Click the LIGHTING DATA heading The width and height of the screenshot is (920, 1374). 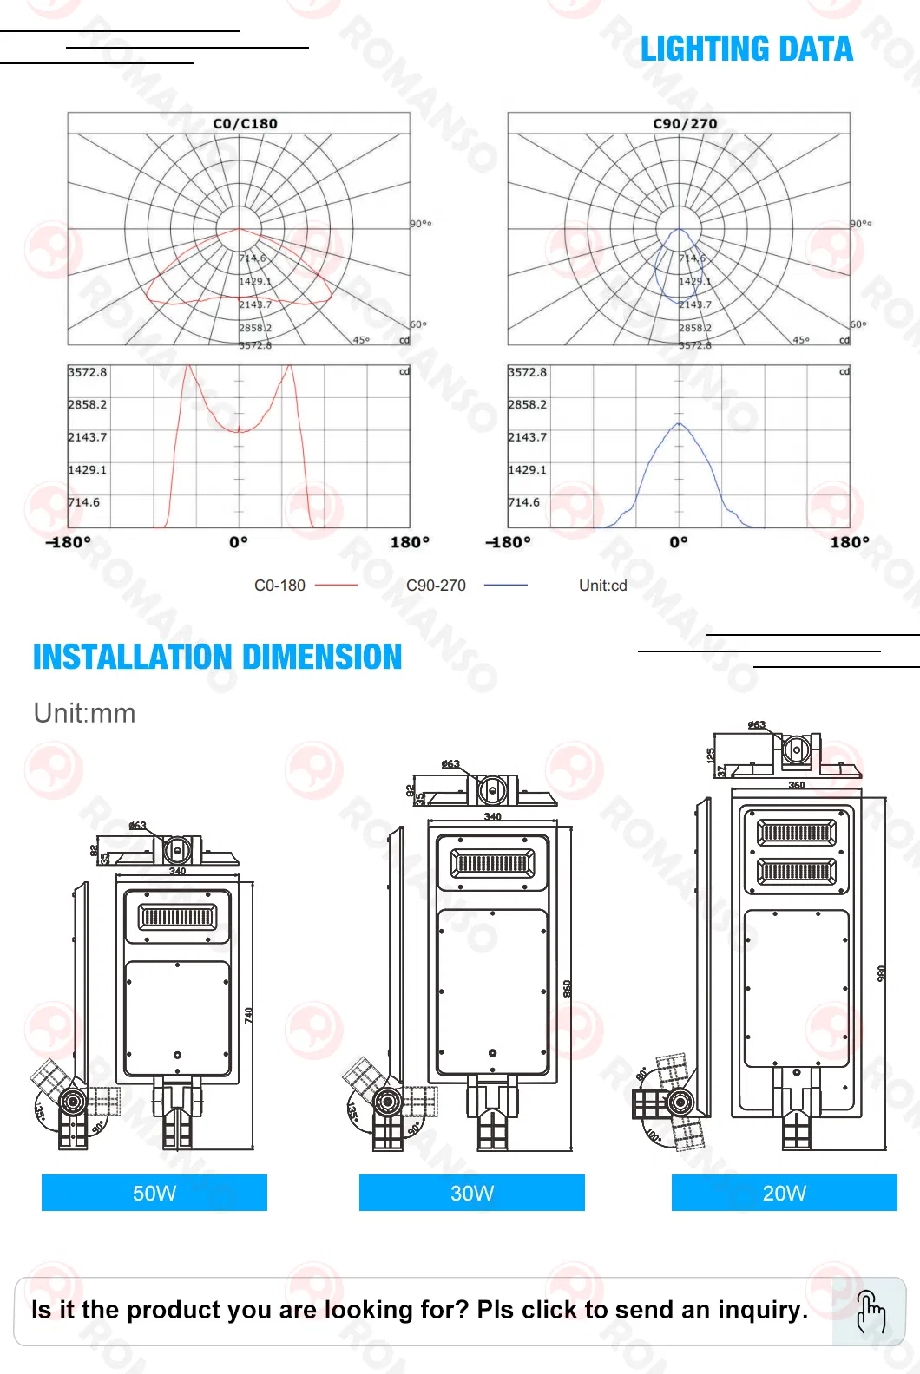pos(746,49)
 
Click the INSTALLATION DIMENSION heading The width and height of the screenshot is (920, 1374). pos(217,657)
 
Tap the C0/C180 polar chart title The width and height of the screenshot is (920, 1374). pos(245,123)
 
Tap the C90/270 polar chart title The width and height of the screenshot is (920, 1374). pos(685,123)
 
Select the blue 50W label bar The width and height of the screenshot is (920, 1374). pos(154,1193)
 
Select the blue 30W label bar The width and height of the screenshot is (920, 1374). pos(471,1193)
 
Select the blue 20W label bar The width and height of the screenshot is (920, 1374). pos(784,1193)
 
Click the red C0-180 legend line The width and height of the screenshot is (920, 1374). pos(337,586)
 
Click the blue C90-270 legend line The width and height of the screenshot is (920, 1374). pos(505,586)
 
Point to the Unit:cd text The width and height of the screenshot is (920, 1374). pos(602,586)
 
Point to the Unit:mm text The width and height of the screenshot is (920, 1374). pos(84,713)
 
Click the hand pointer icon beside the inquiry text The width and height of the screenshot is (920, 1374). pos(870,1311)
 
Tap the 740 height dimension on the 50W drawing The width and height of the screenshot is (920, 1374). pos(249,1015)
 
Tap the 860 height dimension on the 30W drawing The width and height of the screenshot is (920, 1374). pos(568,988)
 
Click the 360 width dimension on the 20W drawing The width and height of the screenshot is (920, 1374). pos(796,785)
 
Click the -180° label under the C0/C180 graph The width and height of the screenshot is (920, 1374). pos(69,542)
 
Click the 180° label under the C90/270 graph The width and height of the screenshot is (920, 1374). pos(849,542)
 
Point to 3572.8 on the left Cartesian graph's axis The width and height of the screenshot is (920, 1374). pos(88,372)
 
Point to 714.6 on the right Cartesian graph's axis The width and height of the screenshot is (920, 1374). pos(523,502)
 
